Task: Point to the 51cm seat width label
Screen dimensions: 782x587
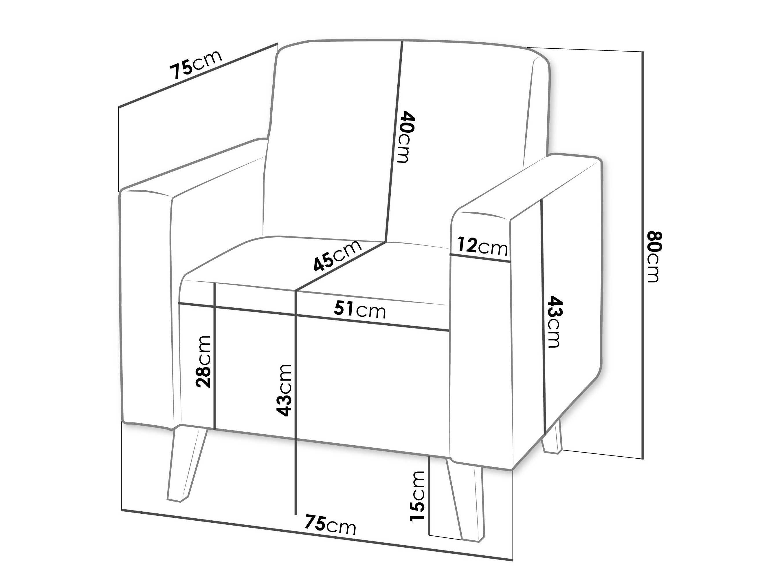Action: (x=360, y=310)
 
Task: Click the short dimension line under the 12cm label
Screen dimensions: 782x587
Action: (x=480, y=258)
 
